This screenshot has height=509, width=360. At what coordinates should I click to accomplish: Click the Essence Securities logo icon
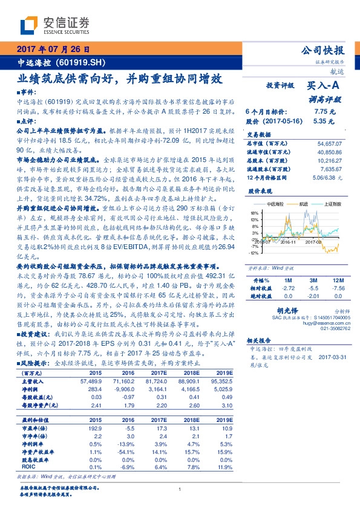click(x=30, y=25)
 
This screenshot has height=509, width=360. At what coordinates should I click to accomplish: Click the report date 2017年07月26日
click(x=53, y=49)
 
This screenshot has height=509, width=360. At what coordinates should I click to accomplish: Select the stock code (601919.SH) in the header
click(x=80, y=62)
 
